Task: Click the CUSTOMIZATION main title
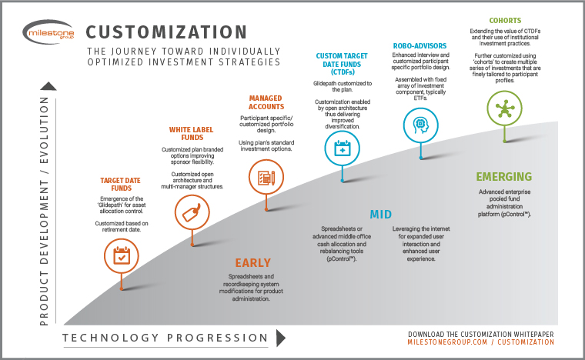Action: (x=166, y=33)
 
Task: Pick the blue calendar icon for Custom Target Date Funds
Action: (x=341, y=148)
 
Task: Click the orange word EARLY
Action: (x=252, y=262)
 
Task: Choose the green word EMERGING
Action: (x=503, y=176)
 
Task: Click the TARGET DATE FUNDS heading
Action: (x=122, y=185)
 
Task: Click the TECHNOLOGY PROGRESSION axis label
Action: (x=165, y=338)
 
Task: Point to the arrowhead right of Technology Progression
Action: (x=280, y=338)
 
